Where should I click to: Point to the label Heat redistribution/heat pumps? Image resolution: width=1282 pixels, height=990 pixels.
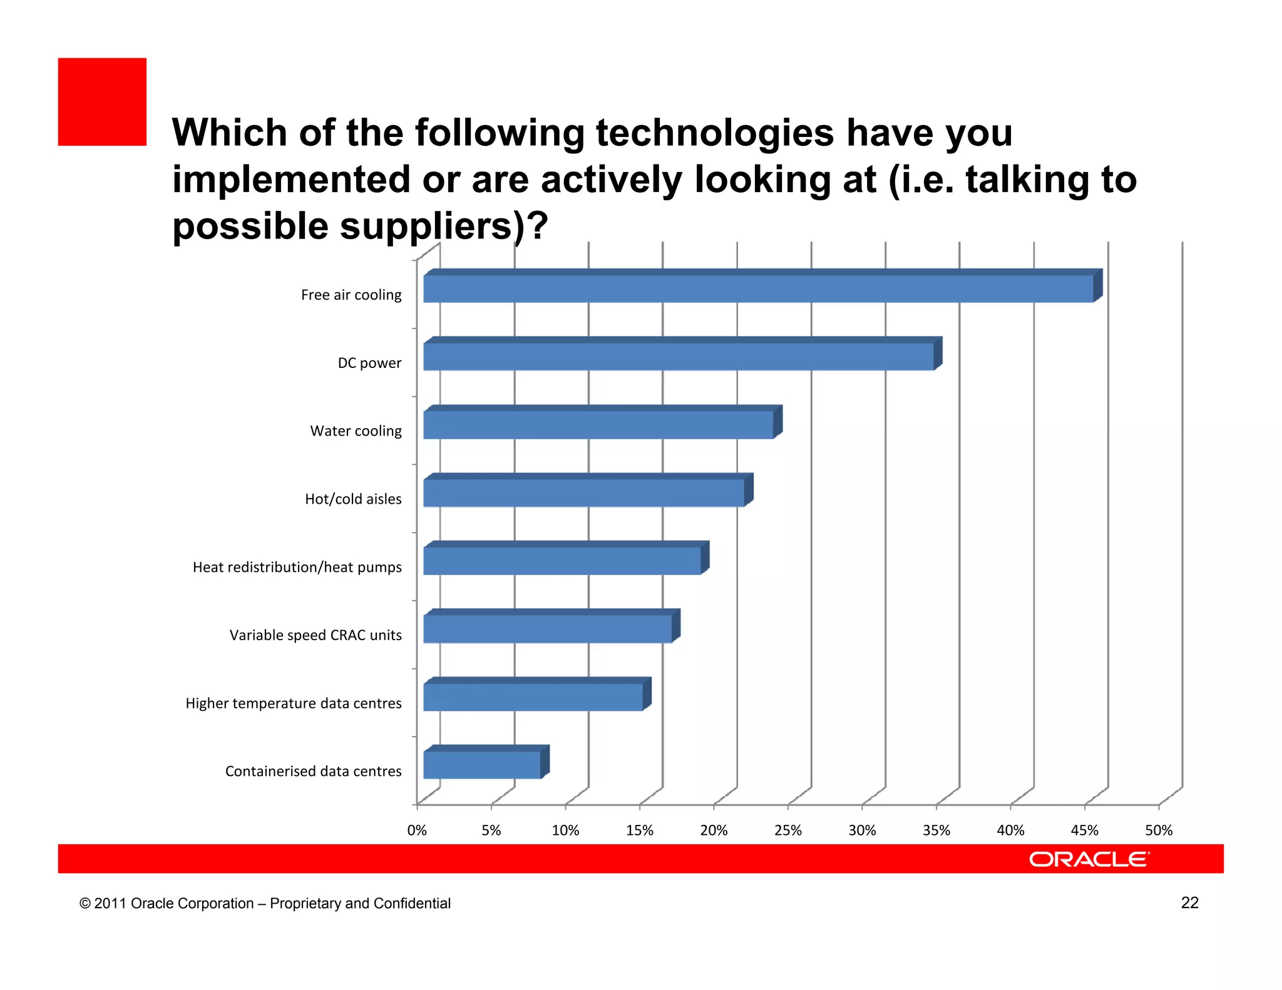tap(297, 567)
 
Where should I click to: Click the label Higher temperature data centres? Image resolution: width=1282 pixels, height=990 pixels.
tap(293, 703)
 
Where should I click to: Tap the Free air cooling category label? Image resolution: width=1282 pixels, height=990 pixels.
tap(351, 295)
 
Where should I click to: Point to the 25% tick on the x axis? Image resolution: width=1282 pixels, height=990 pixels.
tap(787, 830)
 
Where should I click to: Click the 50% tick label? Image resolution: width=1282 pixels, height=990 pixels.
tap(1158, 830)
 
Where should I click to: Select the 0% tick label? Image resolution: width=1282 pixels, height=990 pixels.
tap(417, 830)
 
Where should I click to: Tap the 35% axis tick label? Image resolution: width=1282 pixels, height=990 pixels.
tap(936, 830)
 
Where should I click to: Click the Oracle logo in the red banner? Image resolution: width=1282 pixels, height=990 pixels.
tap(1089, 859)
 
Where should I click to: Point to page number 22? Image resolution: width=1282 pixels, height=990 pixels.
tap(1189, 902)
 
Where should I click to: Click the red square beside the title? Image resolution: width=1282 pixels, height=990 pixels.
tap(102, 102)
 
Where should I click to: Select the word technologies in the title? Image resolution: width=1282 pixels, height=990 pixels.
tap(714, 133)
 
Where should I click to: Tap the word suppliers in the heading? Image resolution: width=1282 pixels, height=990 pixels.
tap(426, 227)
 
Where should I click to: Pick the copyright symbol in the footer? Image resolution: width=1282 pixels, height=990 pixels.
tap(85, 904)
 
